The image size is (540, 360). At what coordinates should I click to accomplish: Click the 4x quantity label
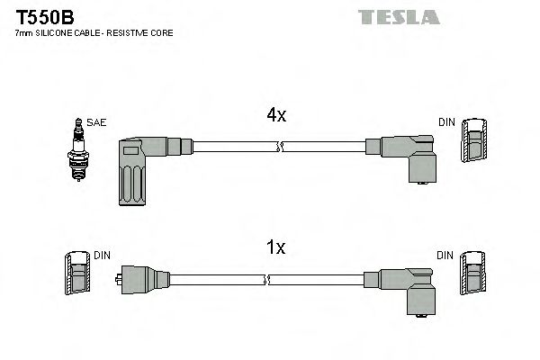click(275, 115)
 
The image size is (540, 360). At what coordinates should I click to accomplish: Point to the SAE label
click(95, 121)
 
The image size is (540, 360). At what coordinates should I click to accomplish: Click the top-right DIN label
click(446, 121)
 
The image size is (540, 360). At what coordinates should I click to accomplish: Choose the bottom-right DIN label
click(446, 256)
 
